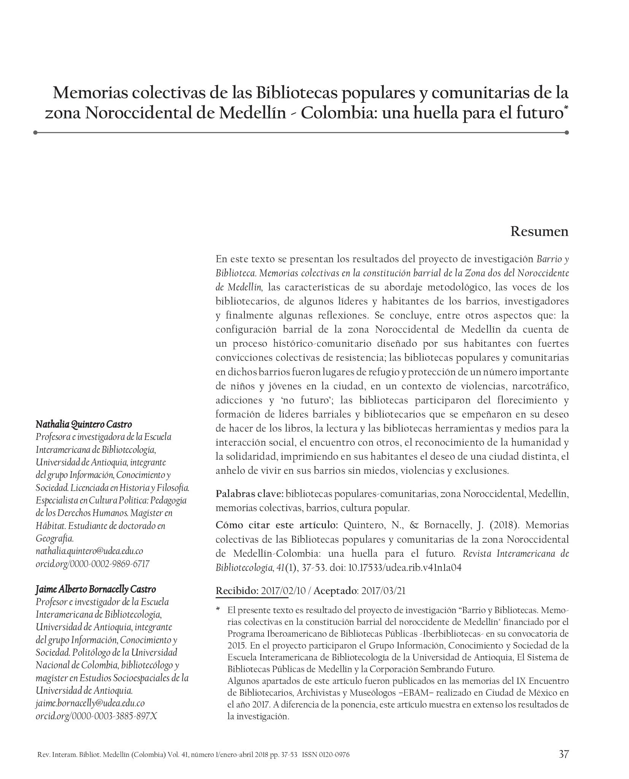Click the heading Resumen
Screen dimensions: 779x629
click(x=539, y=231)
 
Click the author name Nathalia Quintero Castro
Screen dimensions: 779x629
click(x=84, y=424)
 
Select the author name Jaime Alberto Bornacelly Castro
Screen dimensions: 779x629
click(x=96, y=589)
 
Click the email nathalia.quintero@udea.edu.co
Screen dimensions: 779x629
click(x=89, y=551)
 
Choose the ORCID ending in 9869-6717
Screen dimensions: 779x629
click(x=92, y=564)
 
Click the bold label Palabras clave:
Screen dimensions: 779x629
click(x=249, y=494)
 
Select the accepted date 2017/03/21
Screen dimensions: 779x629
click(x=383, y=591)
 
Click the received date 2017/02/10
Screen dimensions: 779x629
click(x=283, y=591)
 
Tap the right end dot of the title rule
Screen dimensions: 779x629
click(x=567, y=132)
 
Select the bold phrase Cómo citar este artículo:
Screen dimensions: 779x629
click(x=276, y=525)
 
